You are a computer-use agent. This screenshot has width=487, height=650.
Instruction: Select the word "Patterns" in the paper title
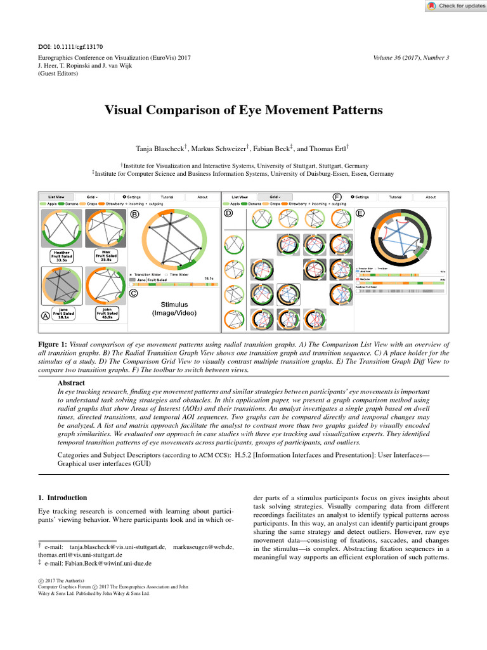pos(353,110)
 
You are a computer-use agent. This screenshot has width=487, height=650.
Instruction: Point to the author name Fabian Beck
pos(269,149)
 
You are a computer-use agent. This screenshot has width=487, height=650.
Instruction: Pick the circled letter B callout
pos(134,215)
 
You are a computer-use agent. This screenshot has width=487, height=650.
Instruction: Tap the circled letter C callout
pos(134,293)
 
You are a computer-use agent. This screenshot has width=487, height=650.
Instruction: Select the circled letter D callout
pos(229,215)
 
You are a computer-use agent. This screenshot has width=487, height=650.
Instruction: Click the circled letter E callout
pos(360,213)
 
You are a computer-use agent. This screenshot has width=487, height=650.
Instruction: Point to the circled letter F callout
pos(337,197)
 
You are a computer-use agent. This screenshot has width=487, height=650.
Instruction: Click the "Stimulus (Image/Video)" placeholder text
pos(174,309)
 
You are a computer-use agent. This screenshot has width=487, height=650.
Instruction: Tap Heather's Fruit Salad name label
pos(62,255)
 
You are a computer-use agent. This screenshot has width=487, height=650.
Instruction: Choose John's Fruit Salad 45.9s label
pos(105,313)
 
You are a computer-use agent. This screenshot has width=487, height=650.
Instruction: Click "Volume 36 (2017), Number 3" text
pos(412,58)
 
